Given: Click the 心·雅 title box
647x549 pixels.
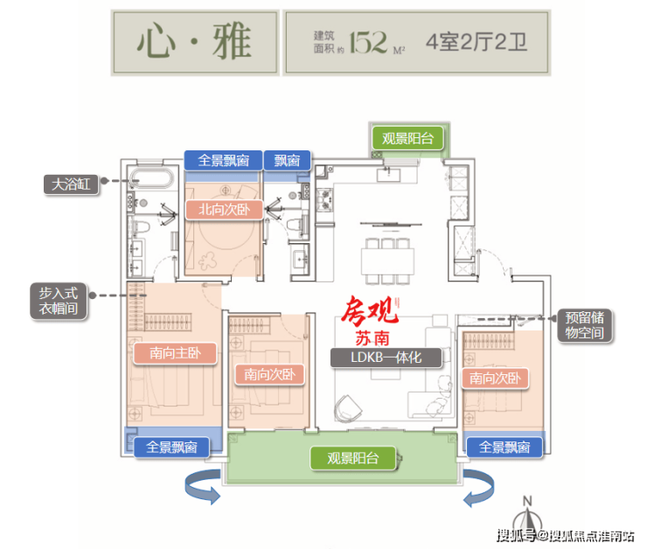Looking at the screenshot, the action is [x=195, y=43].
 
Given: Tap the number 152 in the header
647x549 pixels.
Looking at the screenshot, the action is [x=368, y=42].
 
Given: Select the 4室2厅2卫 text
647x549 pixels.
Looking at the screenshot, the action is [x=477, y=42].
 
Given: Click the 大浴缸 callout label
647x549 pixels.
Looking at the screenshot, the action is [x=72, y=184].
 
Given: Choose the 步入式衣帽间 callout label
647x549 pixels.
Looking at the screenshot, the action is [x=59, y=301].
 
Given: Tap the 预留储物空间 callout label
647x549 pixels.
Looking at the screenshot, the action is [x=585, y=325].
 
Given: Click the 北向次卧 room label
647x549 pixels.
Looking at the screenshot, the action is [x=224, y=210].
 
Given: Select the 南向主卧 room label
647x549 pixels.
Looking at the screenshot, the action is [x=175, y=353].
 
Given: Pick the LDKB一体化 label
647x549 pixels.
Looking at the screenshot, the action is [x=386, y=358].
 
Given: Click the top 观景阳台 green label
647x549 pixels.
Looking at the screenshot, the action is [x=407, y=138].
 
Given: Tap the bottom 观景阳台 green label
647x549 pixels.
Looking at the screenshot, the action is [x=353, y=458].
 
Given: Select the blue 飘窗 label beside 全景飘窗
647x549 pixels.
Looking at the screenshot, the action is [x=287, y=160].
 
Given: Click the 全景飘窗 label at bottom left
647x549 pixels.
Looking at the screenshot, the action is [x=171, y=447].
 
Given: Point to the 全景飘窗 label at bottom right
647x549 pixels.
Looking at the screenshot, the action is [x=504, y=447].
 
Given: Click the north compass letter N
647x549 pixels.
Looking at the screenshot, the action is [x=527, y=501].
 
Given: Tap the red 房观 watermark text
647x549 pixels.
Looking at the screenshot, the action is [x=369, y=310].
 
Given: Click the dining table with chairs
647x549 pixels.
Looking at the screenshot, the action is [x=387, y=261].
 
